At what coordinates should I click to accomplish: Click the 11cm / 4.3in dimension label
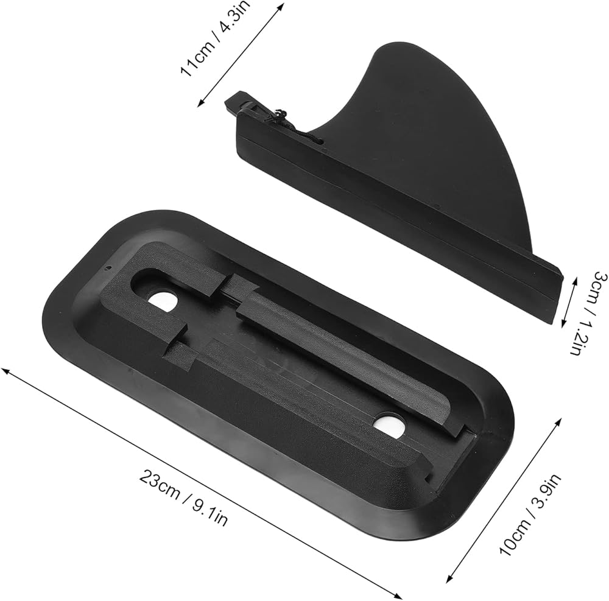(215, 38)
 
